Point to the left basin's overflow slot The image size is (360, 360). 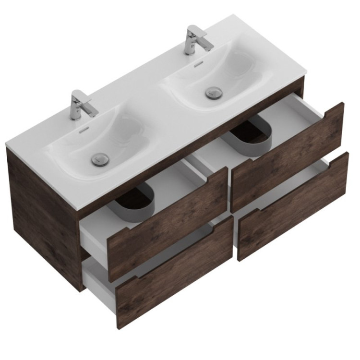click(84, 130)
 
